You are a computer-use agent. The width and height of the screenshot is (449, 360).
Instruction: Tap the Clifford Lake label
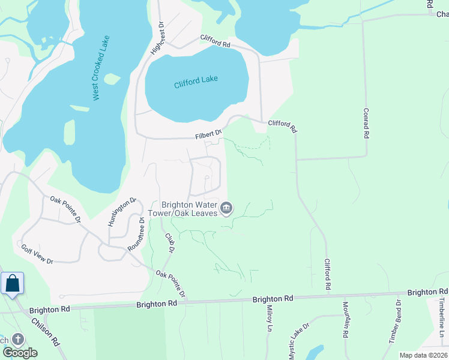tap(196, 82)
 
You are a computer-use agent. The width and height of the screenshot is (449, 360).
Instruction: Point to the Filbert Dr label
tap(208, 134)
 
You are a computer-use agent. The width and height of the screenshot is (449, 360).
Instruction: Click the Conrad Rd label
tap(365, 123)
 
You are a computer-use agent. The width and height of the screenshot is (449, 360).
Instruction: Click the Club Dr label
tap(170, 241)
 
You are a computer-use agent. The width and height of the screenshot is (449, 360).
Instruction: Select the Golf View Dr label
tap(37, 254)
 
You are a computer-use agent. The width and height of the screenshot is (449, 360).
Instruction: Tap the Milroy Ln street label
tap(269, 317)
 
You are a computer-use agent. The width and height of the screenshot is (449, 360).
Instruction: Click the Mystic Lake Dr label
tap(298, 341)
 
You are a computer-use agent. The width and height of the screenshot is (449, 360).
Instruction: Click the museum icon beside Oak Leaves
tap(226, 209)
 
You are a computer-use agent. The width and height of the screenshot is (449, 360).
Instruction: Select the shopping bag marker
tap(12, 284)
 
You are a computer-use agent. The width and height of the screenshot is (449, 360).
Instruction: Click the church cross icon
tap(17, 340)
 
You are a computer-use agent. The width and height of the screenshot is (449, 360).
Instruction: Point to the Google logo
tap(20, 353)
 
